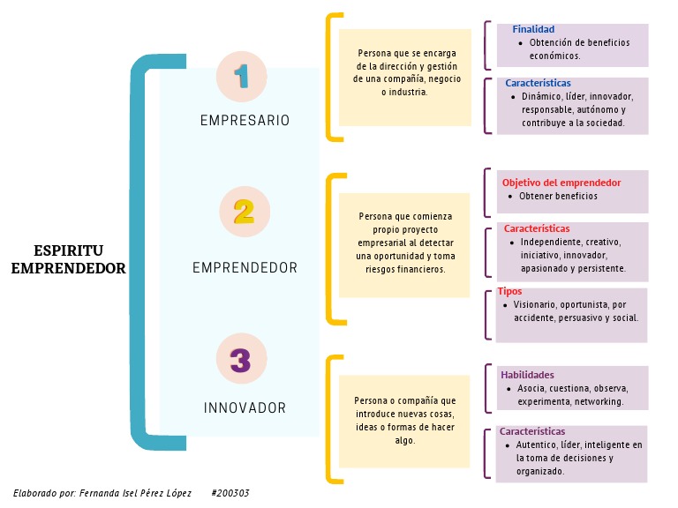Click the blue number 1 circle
(242, 76)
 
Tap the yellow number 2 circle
(244, 212)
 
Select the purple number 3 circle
(241, 360)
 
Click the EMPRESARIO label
(245, 121)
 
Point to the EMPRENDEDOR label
(245, 267)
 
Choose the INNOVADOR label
(245, 408)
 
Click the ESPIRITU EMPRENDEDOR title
(69, 259)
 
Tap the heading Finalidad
(533, 30)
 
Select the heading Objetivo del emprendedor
(561, 183)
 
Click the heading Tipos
(509, 291)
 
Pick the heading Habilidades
(527, 375)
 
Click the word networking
(599, 401)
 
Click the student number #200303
(230, 493)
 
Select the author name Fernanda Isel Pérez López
(134, 493)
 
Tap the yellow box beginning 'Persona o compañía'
(404, 420)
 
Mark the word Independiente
(549, 242)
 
